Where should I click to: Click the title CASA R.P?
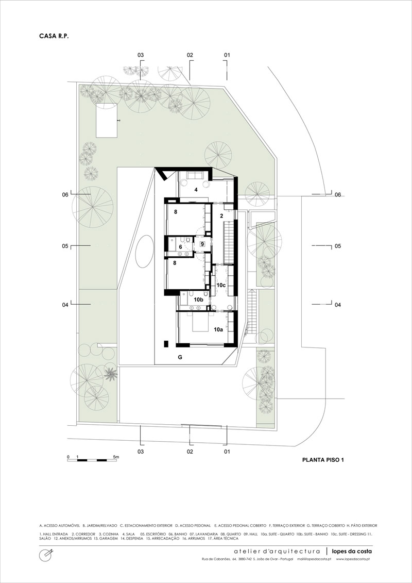(54, 36)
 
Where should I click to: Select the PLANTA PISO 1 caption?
(323, 460)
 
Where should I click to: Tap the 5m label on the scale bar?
(116, 456)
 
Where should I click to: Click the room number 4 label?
(195, 190)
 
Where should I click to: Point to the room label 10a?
(219, 329)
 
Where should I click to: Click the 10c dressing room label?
(221, 285)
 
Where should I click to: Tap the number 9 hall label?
(202, 244)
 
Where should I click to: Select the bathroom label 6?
(180, 246)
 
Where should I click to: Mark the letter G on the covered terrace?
(180, 357)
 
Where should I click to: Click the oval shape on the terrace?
(144, 252)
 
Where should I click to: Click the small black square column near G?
(166, 343)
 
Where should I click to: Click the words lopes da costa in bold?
(351, 551)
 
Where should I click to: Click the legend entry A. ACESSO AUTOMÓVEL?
(59, 526)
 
